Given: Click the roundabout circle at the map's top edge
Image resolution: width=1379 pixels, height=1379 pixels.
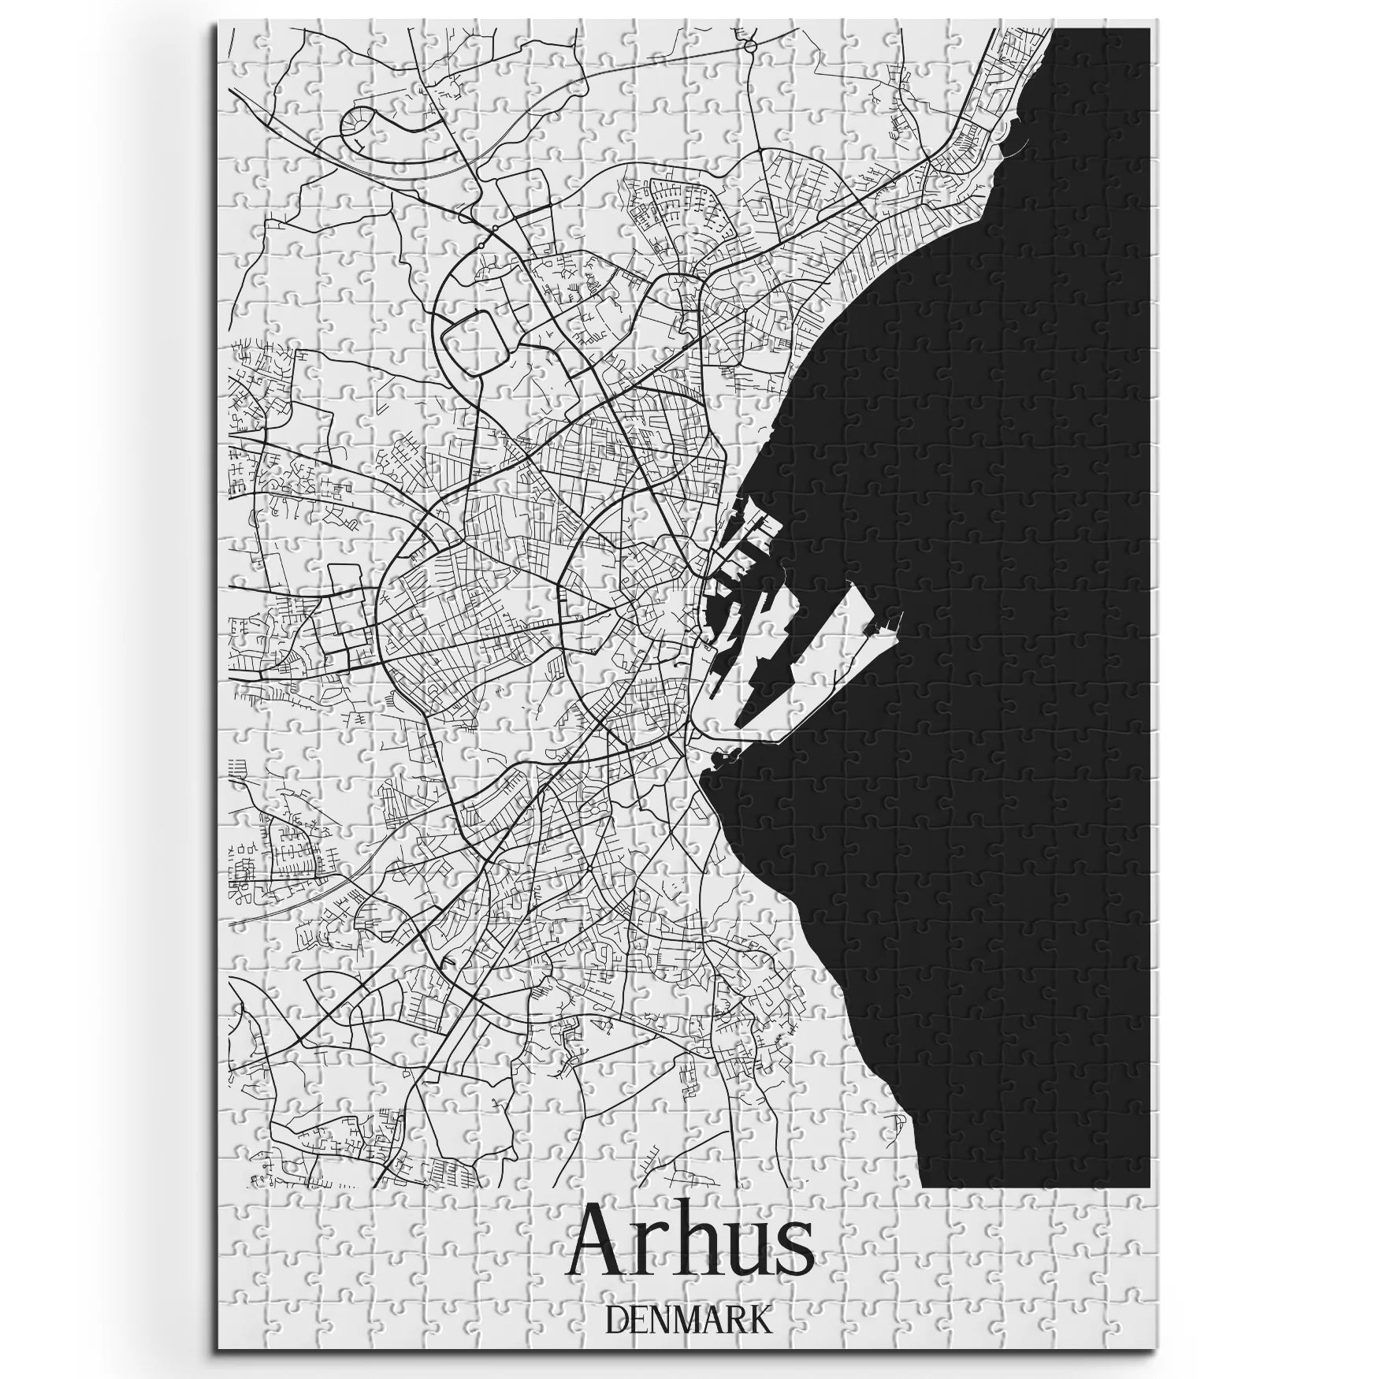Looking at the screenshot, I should tap(750, 46).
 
